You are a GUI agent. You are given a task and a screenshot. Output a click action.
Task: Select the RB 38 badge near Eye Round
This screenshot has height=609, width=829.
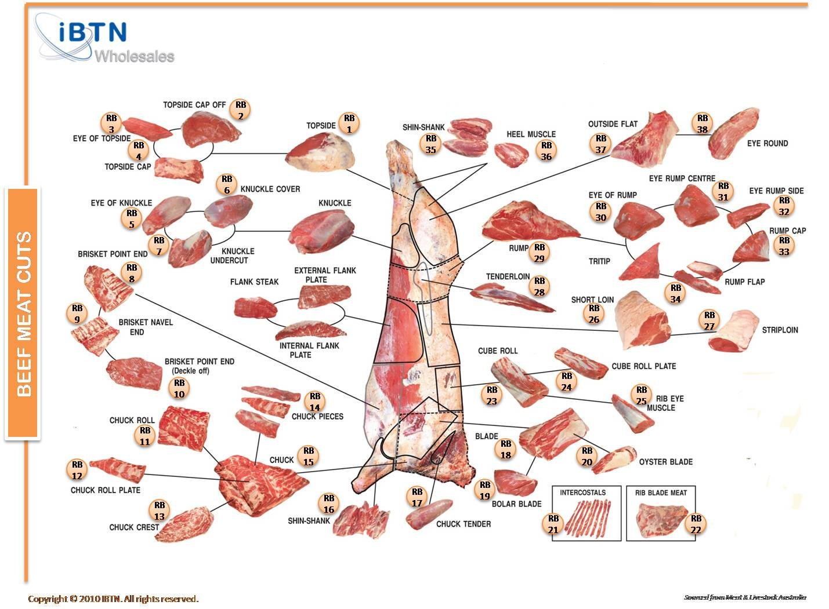pos(703,124)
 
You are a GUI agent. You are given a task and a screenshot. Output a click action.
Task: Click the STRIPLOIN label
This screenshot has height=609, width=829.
pos(780,330)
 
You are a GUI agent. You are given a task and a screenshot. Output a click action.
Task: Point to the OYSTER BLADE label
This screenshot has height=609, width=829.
pos(665,462)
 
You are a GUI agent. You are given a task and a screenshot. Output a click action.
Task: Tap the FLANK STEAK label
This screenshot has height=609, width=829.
pos(254,282)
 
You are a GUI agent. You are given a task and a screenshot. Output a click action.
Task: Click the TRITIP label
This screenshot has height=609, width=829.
pos(599,262)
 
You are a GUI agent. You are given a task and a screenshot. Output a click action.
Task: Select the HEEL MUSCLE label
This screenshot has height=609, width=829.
pos(531,134)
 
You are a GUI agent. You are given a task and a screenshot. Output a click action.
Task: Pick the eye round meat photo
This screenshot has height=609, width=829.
pos(734,133)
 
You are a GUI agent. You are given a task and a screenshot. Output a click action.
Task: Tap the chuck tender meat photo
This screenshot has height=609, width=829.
pos(430,515)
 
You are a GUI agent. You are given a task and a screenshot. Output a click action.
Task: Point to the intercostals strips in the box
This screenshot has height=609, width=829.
pos(587,517)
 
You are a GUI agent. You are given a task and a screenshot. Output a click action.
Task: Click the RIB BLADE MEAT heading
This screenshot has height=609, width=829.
pos(661,493)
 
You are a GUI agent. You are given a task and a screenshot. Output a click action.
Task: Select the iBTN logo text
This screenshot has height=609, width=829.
pos(93,33)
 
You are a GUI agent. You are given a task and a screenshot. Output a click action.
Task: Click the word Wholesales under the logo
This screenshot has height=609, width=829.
pos(134,57)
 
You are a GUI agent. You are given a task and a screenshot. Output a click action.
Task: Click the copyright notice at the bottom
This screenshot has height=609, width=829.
pos(113,599)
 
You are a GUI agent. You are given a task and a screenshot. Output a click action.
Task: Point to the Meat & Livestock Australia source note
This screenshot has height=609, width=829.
pos(745,597)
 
